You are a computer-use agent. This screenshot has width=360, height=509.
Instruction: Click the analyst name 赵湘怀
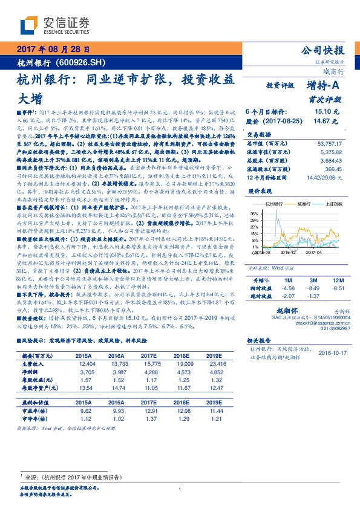[x=284, y=308]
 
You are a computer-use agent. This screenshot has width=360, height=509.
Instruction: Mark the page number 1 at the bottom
[x=180, y=490]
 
